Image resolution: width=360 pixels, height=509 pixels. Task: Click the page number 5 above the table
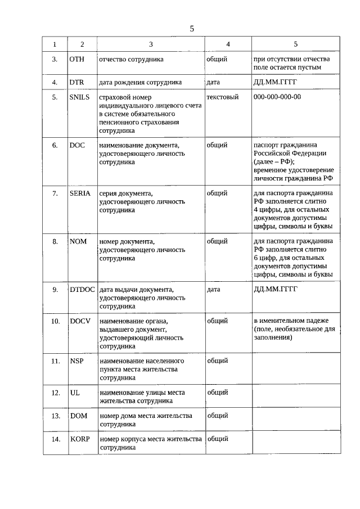pos(192,28)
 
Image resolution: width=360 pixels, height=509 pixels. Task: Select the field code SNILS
pos(79,97)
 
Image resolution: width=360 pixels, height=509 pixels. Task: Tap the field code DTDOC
pos(82,290)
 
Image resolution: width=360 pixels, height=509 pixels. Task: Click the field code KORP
pos(80,439)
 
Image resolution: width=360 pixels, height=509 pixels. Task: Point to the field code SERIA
pos(80,193)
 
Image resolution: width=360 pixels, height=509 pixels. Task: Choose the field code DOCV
pos(80,321)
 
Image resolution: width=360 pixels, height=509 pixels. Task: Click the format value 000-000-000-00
pos(277,97)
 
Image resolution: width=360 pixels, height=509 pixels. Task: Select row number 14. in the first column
pos(55,439)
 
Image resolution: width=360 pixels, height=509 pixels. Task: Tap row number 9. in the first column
pos(55,290)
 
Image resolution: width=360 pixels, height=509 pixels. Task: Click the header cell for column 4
pos(228,44)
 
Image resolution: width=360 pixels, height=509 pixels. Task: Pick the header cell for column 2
pos(82,44)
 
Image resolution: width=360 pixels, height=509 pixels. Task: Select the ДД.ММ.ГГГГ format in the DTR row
pos(275,82)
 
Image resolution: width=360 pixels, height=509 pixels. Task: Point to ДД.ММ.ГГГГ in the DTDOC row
pos(275,290)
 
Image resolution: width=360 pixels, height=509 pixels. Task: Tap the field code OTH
pos(77,59)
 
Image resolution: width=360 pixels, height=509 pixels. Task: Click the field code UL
pos(74,393)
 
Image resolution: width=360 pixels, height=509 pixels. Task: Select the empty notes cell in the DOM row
pos(296,420)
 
